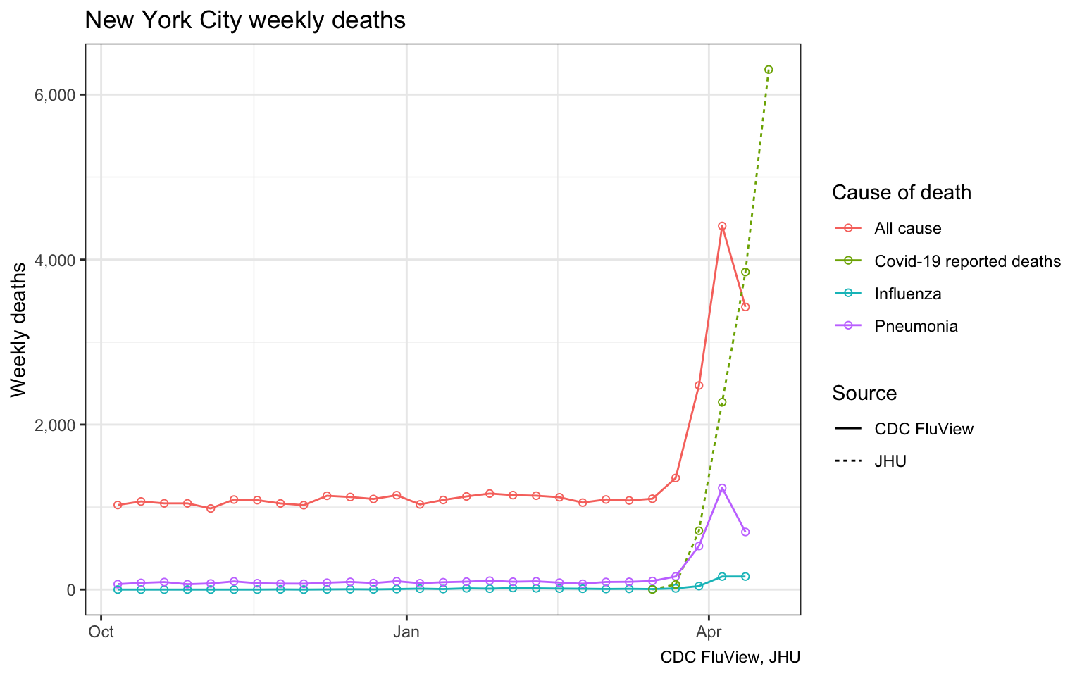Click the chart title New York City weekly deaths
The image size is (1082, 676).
[x=245, y=20]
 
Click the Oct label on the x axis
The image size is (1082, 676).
[x=101, y=632]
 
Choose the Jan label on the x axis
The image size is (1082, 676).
[x=406, y=632]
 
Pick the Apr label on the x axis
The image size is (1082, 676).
[x=709, y=632]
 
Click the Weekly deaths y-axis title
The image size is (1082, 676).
[x=19, y=330]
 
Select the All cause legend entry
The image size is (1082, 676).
[x=907, y=228]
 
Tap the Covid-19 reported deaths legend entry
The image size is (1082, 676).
[x=967, y=261]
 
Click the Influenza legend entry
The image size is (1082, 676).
[x=907, y=294]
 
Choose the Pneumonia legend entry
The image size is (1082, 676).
[x=916, y=326]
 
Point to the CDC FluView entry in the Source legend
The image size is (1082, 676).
[x=924, y=429]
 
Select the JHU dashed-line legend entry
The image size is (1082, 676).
[x=890, y=461]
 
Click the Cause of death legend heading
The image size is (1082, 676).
[x=902, y=192]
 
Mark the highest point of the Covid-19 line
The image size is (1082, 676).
[x=769, y=69]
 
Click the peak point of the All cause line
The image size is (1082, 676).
[x=722, y=226]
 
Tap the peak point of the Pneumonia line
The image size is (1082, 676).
[x=722, y=488]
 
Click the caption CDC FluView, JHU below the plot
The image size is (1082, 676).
[x=730, y=657]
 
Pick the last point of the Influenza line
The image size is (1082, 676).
[x=745, y=576]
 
